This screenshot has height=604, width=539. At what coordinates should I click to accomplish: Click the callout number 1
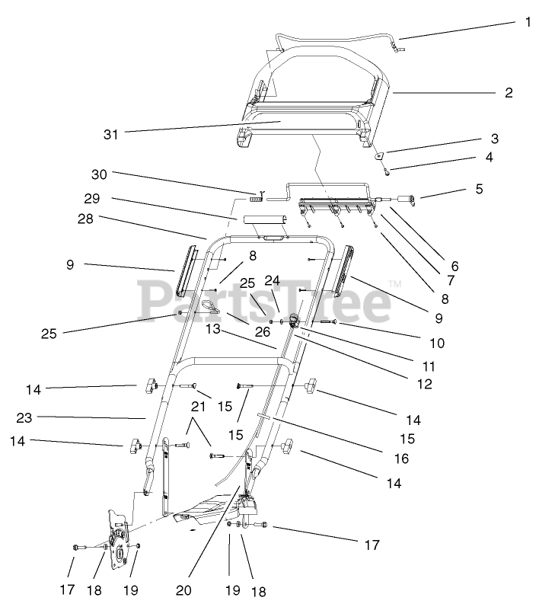click(x=528, y=22)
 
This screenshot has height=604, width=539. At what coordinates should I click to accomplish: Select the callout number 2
click(x=509, y=93)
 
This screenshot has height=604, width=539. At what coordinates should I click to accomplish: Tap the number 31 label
click(x=111, y=135)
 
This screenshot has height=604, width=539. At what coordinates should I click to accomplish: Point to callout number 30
click(x=99, y=174)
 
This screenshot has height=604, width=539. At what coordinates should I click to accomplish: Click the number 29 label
click(x=92, y=199)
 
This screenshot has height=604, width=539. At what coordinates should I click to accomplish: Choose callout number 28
click(x=85, y=219)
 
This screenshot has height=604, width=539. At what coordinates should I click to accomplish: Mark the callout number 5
click(x=480, y=189)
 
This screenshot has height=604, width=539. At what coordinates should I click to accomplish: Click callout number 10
click(x=437, y=343)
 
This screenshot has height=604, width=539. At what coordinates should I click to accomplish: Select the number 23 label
click(x=24, y=417)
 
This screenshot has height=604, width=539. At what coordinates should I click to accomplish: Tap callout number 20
click(x=183, y=590)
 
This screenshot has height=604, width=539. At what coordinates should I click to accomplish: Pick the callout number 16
click(x=401, y=459)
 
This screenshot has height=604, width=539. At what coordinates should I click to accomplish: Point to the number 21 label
click(x=198, y=407)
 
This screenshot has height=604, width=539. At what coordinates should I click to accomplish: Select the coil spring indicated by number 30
click(x=257, y=199)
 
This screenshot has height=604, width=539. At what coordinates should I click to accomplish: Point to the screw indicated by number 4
click(x=387, y=172)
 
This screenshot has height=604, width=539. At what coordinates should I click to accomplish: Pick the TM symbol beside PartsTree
click(x=395, y=285)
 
